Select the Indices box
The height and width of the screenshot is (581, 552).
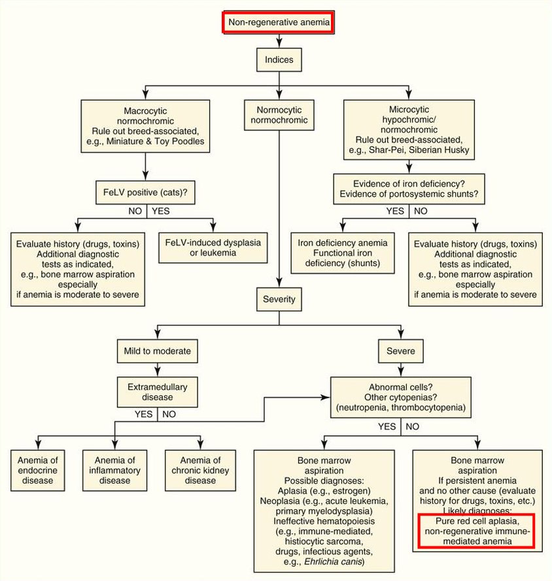click(279, 60)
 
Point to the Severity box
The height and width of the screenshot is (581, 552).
click(279, 299)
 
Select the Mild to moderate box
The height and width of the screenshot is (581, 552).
click(158, 351)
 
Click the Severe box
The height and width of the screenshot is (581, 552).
click(401, 351)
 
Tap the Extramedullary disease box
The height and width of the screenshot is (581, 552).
click(158, 391)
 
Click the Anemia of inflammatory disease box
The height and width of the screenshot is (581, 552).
click(114, 471)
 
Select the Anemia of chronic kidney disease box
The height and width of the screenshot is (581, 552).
click(200, 471)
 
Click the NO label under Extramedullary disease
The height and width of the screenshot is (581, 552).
click(169, 414)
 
